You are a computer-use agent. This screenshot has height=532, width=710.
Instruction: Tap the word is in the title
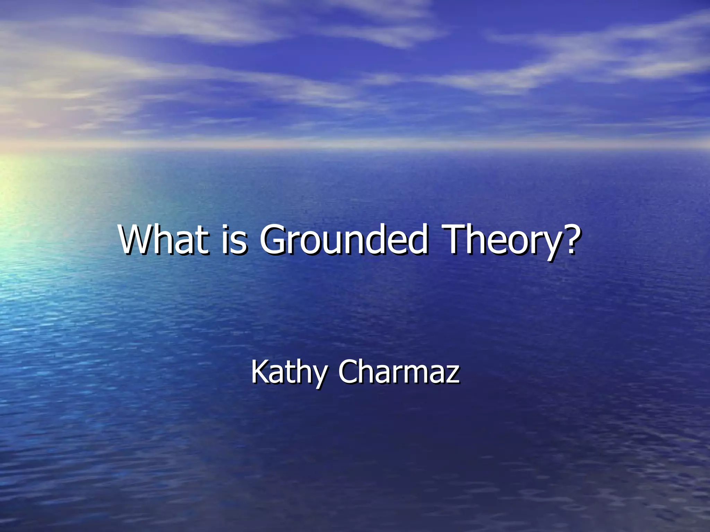(x=234, y=240)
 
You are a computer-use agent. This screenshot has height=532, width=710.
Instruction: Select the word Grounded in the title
(x=343, y=240)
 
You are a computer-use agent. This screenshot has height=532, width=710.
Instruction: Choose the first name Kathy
(x=289, y=372)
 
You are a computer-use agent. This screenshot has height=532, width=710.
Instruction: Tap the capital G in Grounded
(x=276, y=240)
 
